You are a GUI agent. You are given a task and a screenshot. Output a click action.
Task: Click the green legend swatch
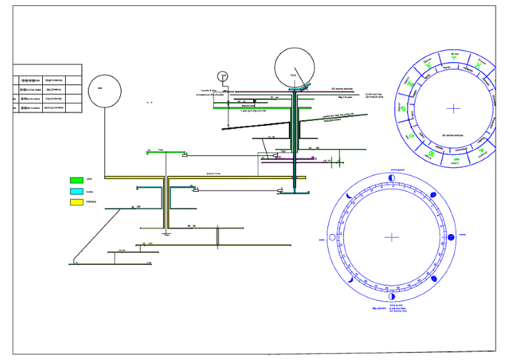[x=77, y=180]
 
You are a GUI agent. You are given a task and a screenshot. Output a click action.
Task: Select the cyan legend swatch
[x=77, y=191]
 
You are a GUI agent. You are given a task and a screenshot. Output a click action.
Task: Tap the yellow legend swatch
[x=77, y=203]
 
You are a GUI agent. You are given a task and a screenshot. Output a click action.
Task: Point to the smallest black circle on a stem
[x=223, y=77]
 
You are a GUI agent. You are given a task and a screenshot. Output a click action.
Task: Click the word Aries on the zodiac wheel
[x=455, y=54]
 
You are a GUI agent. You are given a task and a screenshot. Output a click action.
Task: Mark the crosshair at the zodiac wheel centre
[x=453, y=108]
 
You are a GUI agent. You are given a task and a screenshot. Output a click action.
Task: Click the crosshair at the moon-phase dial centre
[x=392, y=237]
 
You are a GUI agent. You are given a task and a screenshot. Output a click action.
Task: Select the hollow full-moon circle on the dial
[x=331, y=238]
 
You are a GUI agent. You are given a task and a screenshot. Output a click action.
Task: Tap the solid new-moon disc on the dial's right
[x=451, y=237]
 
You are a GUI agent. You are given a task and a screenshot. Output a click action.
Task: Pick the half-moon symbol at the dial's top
[x=392, y=178]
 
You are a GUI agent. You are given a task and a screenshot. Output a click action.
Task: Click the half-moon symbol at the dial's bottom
[x=392, y=297]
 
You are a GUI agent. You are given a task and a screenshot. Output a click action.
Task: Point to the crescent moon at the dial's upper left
[x=349, y=195]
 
